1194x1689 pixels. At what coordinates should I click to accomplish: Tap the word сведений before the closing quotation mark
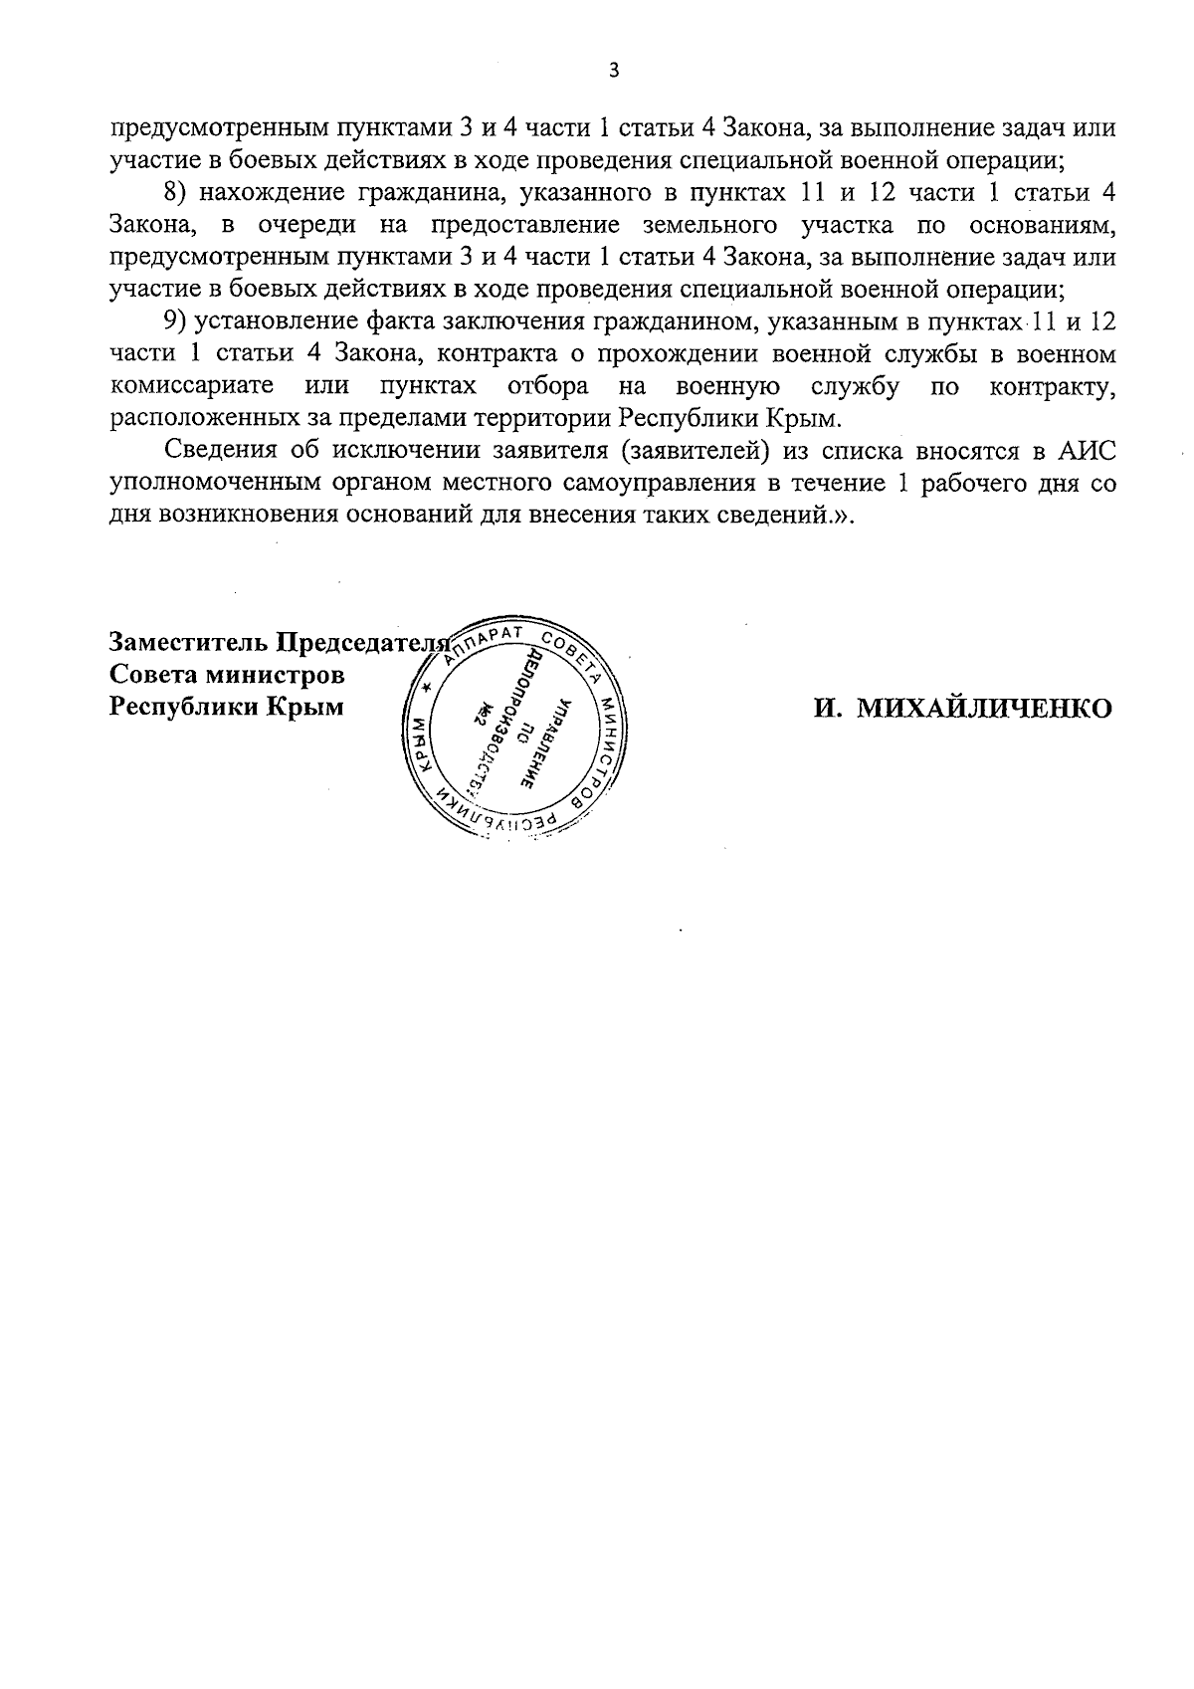(x=777, y=516)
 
